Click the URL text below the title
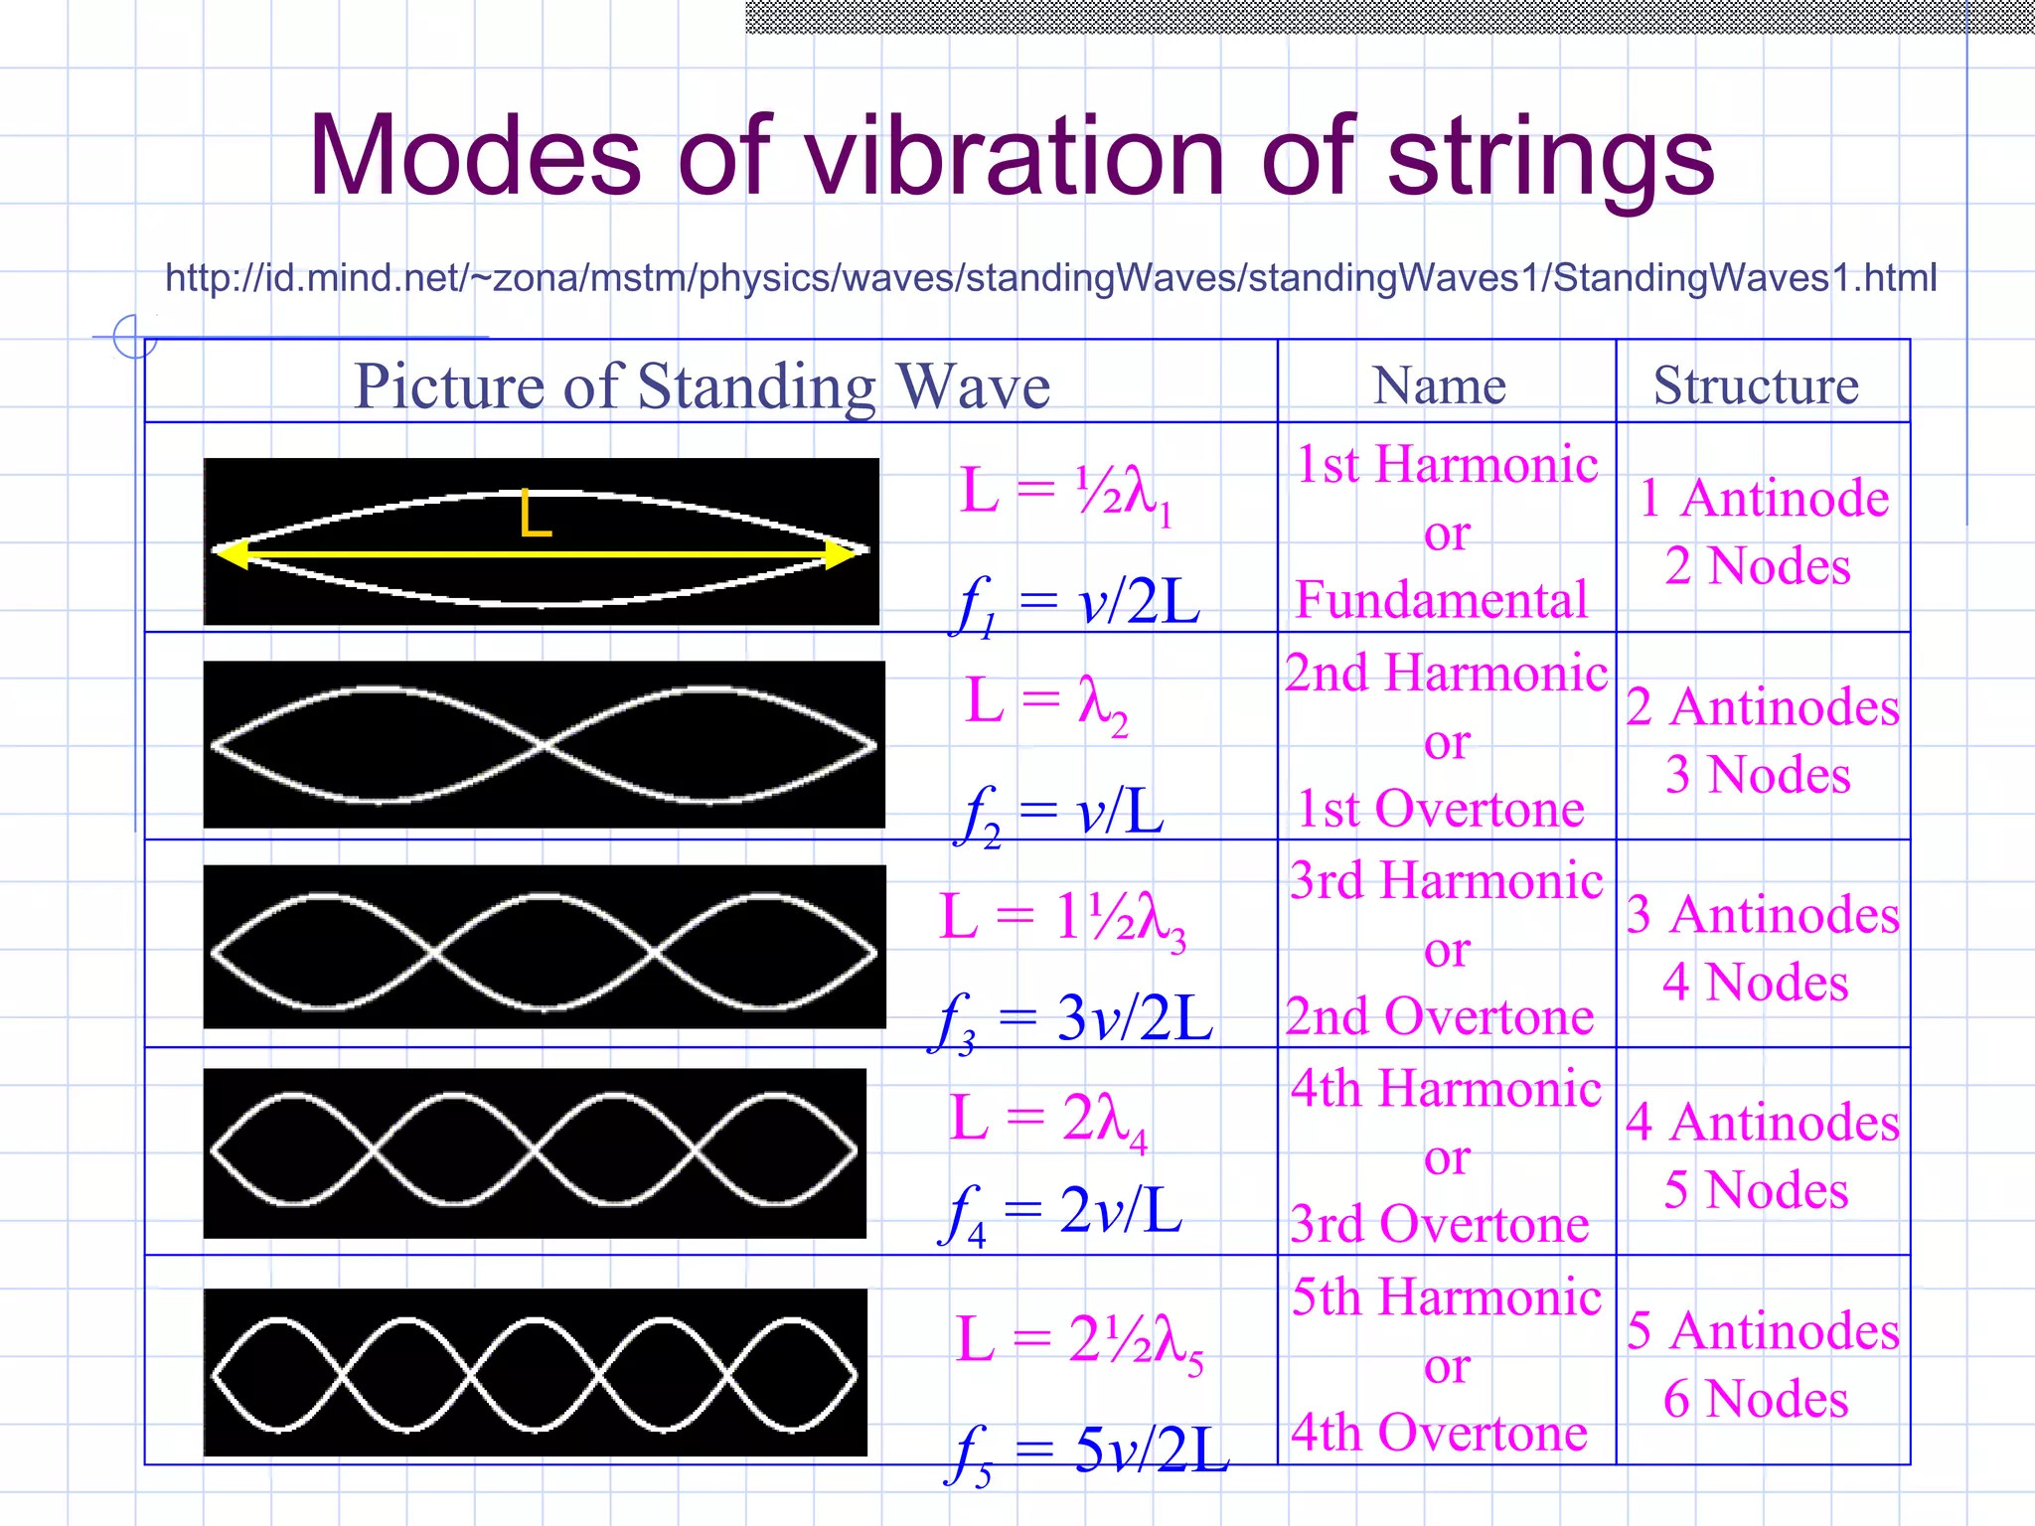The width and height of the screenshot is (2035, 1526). pos(1050,277)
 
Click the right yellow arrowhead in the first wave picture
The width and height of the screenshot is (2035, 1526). pos(841,554)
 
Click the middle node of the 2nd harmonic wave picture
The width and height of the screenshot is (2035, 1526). pos(543,744)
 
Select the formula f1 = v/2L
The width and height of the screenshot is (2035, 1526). pos(1078,604)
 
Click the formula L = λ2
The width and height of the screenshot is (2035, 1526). pos(1047,703)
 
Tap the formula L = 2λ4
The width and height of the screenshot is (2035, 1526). pos(1048,1121)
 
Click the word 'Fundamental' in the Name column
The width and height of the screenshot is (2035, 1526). pos(1442,600)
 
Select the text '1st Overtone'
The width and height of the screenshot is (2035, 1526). pos(1442,809)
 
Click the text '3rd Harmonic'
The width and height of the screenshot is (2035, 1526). pos(1446,881)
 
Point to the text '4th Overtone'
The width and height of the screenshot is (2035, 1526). pos(1440,1433)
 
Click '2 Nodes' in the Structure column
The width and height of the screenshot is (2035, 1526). pos(1757,566)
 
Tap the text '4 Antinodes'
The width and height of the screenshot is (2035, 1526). pos(1762,1123)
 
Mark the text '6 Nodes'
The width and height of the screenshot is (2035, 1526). pos(1756,1399)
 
